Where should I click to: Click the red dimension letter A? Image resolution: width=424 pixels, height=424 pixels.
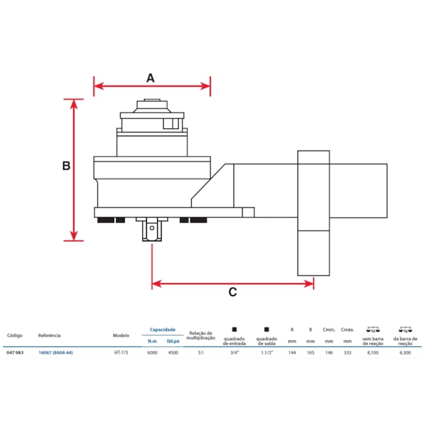tap(150, 78)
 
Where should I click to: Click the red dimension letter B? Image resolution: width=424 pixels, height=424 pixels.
tap(66, 166)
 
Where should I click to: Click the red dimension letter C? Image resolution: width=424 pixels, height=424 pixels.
tap(232, 292)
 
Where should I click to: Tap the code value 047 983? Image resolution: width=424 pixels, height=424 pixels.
tap(16, 353)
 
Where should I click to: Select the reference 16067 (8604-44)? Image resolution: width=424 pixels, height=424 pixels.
tap(56, 353)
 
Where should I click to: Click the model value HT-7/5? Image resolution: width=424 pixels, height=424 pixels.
tap(121, 353)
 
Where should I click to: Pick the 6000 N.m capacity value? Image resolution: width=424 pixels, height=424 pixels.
tap(152, 353)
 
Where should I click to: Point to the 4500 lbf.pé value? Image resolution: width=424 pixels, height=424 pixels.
tap(173, 353)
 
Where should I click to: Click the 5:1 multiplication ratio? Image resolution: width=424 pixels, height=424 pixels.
tap(201, 353)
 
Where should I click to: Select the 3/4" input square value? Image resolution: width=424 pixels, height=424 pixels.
tap(234, 353)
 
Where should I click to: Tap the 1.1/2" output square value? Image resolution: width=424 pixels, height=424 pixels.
tap(266, 353)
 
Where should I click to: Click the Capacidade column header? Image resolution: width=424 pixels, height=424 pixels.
tap(162, 330)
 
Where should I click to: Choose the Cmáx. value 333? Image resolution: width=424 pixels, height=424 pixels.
tap(347, 353)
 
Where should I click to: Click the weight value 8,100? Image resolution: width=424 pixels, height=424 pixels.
tap(373, 353)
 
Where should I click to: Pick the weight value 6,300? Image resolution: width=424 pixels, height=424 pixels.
tap(405, 353)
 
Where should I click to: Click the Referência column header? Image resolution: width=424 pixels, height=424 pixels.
tap(50, 335)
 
